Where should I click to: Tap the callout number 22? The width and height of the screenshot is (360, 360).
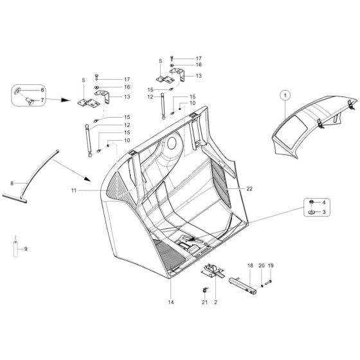[x=249, y=188]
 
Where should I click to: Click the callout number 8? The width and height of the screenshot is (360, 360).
[x=12, y=184]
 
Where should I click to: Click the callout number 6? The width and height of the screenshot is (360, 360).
[x=42, y=90]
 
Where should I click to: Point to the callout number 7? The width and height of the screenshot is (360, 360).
[x=42, y=100]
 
